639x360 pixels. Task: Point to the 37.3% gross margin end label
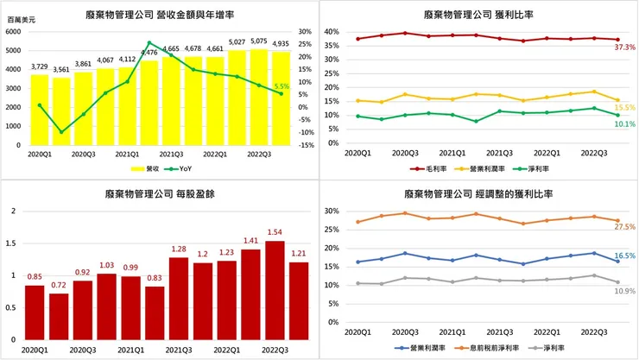coord(623,47)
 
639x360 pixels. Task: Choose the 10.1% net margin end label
coord(623,123)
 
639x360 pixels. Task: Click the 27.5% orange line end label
coord(623,226)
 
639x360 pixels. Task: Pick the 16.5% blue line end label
coord(623,256)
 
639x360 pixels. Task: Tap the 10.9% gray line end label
coord(623,291)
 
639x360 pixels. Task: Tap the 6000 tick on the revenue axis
coord(16,32)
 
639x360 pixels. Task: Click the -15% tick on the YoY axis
coord(306,145)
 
